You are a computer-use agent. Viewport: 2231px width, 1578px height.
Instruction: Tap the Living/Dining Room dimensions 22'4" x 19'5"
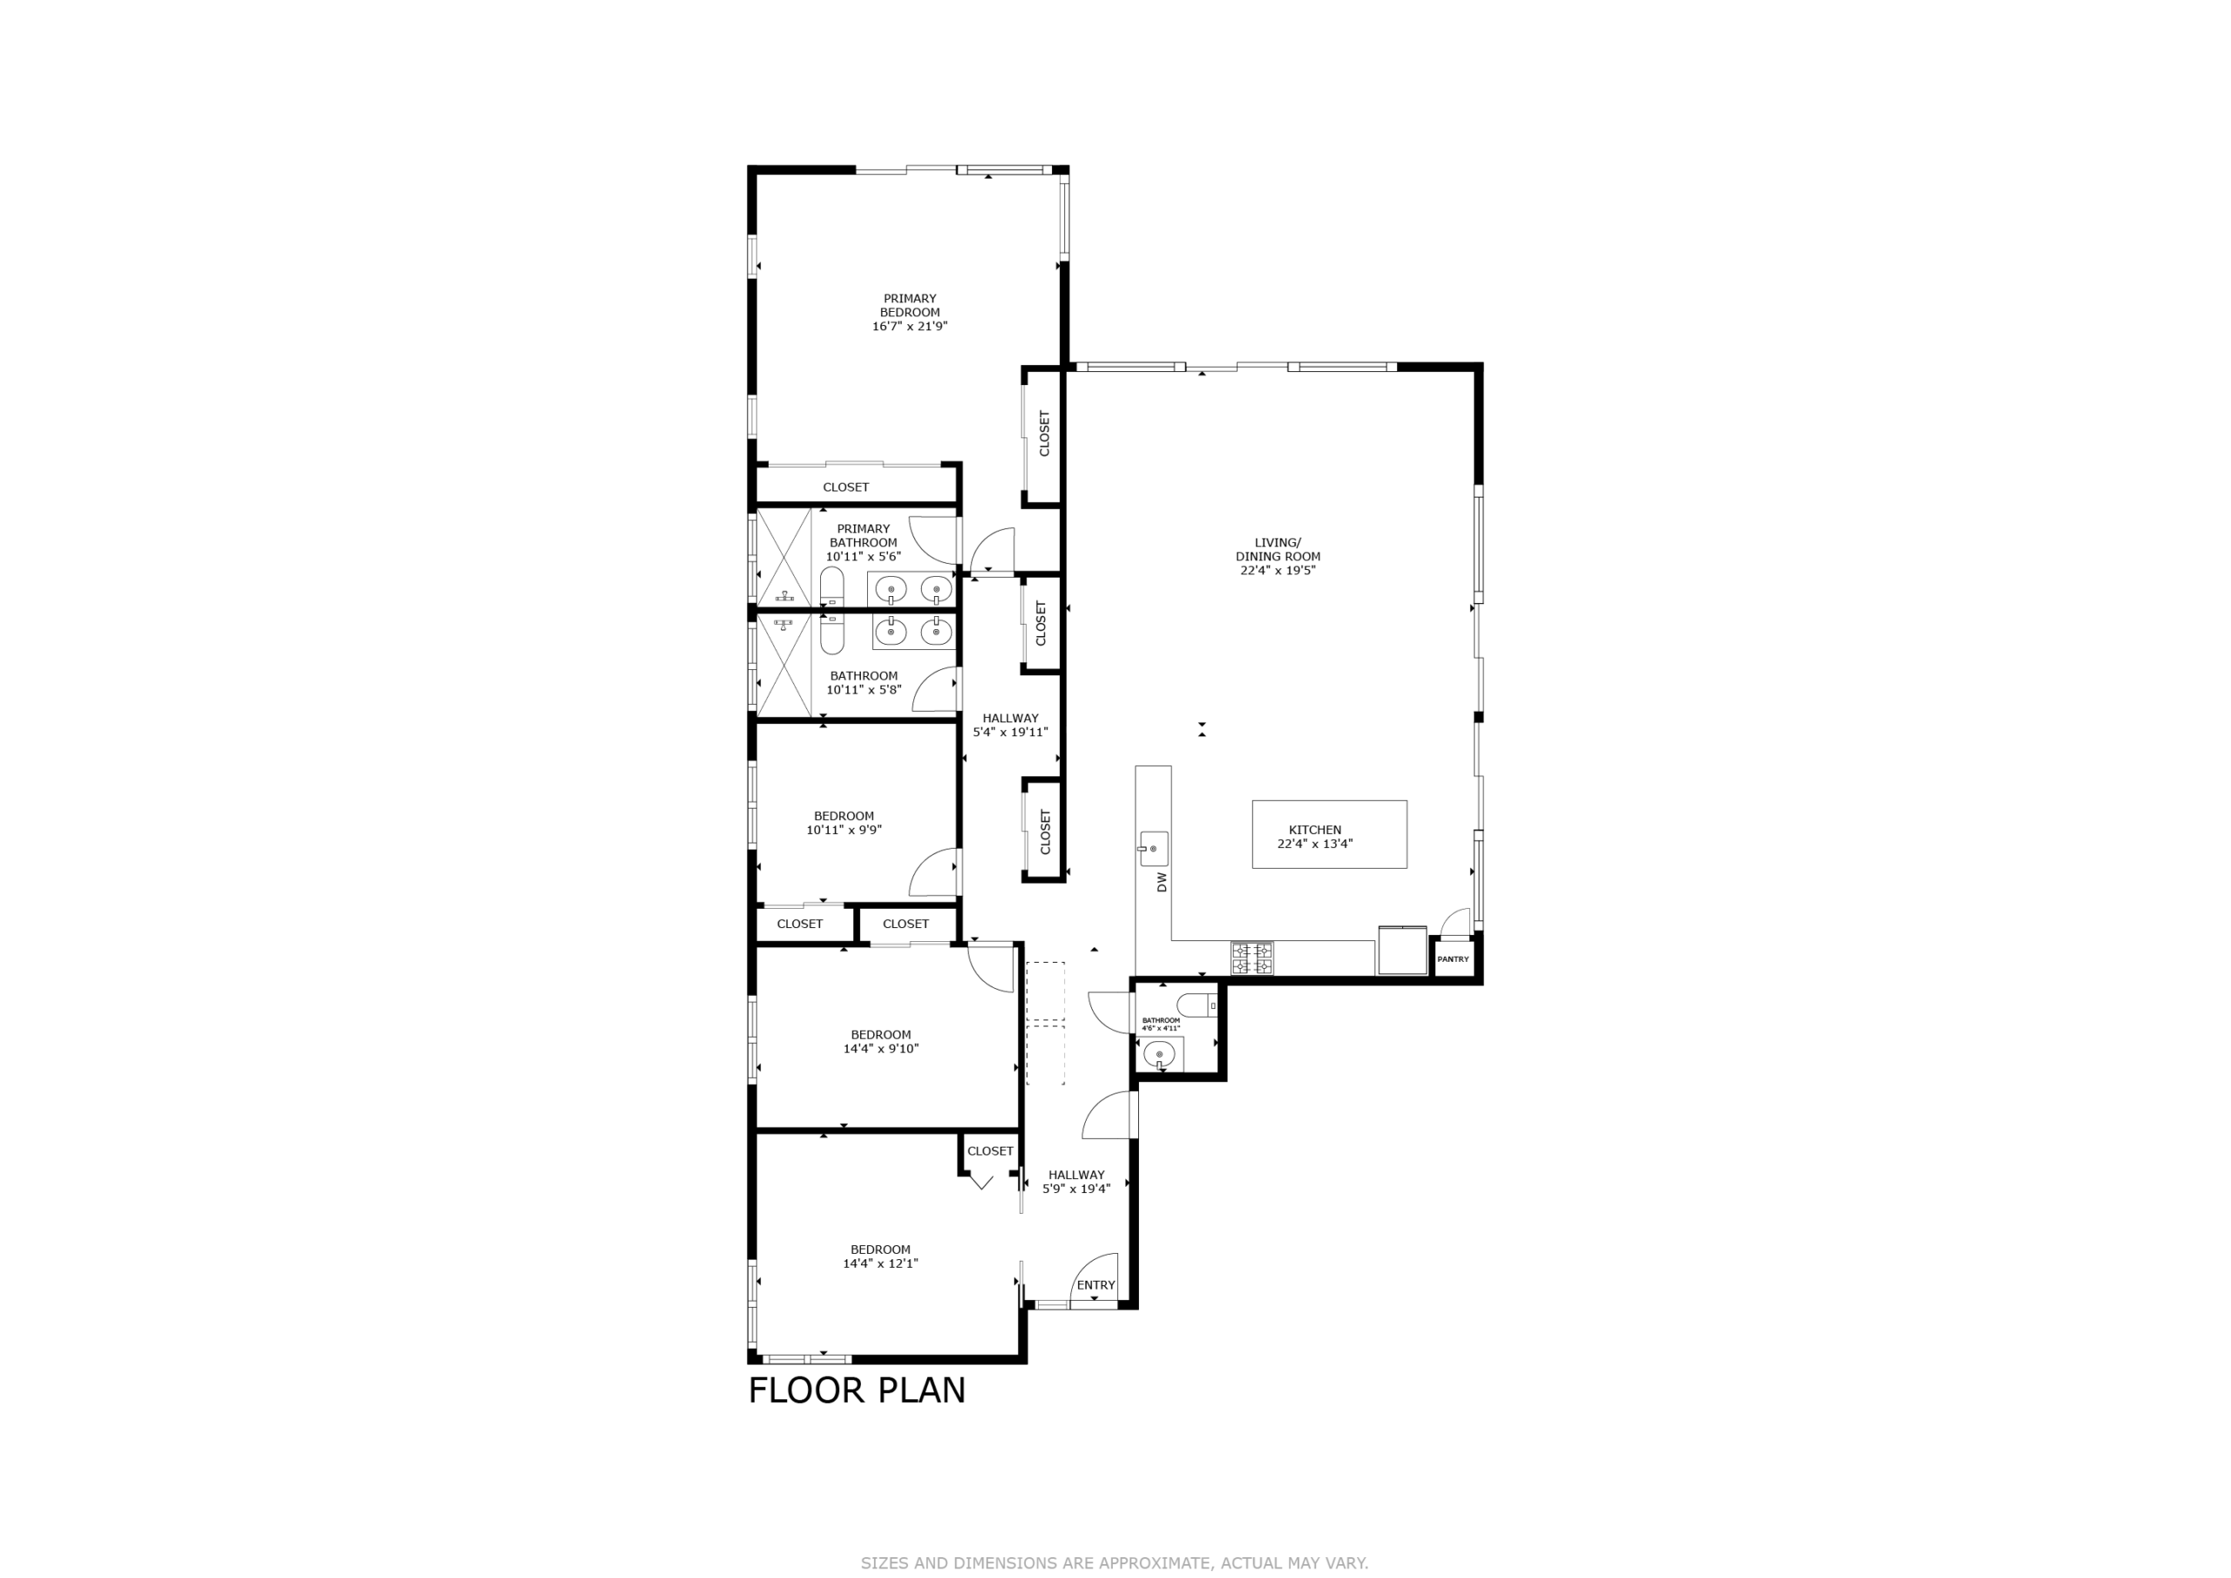click(x=1278, y=571)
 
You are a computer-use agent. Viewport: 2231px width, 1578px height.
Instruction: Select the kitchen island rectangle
click(x=1329, y=834)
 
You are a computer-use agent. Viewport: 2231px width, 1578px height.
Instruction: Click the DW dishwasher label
click(x=1163, y=881)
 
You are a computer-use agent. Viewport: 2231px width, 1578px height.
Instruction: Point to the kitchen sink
click(x=1153, y=849)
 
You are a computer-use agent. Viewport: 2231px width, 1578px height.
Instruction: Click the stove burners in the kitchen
click(x=1251, y=958)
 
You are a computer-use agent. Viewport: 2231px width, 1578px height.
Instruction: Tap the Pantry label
click(x=1453, y=959)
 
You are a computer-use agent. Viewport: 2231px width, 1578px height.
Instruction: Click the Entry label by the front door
click(x=1096, y=1284)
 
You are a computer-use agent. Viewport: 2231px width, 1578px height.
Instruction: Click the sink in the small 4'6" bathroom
click(x=1159, y=1054)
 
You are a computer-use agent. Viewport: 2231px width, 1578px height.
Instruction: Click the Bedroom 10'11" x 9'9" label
click(x=844, y=823)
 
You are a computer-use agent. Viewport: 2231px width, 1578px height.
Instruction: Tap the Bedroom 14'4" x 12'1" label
click(x=880, y=1256)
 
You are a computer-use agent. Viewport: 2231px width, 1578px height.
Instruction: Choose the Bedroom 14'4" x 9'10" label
click(x=880, y=1041)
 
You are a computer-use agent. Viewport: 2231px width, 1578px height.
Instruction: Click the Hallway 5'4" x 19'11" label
click(x=1011, y=725)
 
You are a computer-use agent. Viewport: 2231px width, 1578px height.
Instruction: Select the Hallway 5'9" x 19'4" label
click(x=1076, y=1182)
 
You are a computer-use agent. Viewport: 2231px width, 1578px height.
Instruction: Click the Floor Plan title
click(x=857, y=1391)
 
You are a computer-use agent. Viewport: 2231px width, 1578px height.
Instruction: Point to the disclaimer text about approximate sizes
click(x=1115, y=1562)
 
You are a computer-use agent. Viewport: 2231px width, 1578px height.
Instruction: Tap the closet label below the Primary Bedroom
click(x=845, y=487)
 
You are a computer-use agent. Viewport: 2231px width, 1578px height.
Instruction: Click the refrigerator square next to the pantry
click(x=1402, y=951)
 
